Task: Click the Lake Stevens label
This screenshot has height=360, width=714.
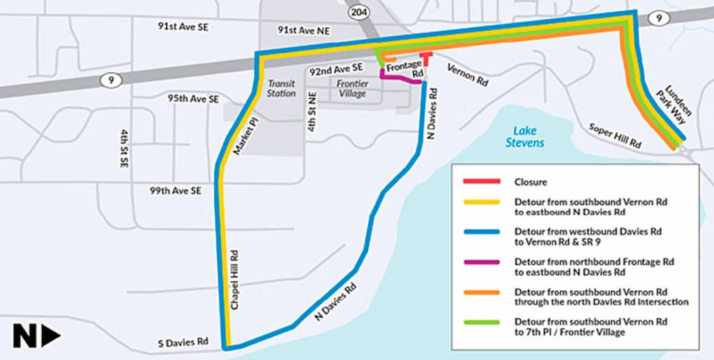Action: (x=525, y=136)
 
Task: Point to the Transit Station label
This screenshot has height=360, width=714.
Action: (x=282, y=88)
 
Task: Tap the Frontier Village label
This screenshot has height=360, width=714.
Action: (x=352, y=88)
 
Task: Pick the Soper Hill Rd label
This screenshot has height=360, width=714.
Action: (x=614, y=137)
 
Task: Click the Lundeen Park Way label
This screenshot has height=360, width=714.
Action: (x=676, y=105)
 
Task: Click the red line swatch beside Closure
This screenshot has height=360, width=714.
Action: (x=481, y=181)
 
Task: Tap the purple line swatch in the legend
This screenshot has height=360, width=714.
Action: (x=481, y=262)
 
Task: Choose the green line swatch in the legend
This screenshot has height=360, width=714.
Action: (x=481, y=322)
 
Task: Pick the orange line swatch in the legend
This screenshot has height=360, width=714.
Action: (x=481, y=292)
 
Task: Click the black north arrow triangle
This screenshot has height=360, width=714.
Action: (x=52, y=337)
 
